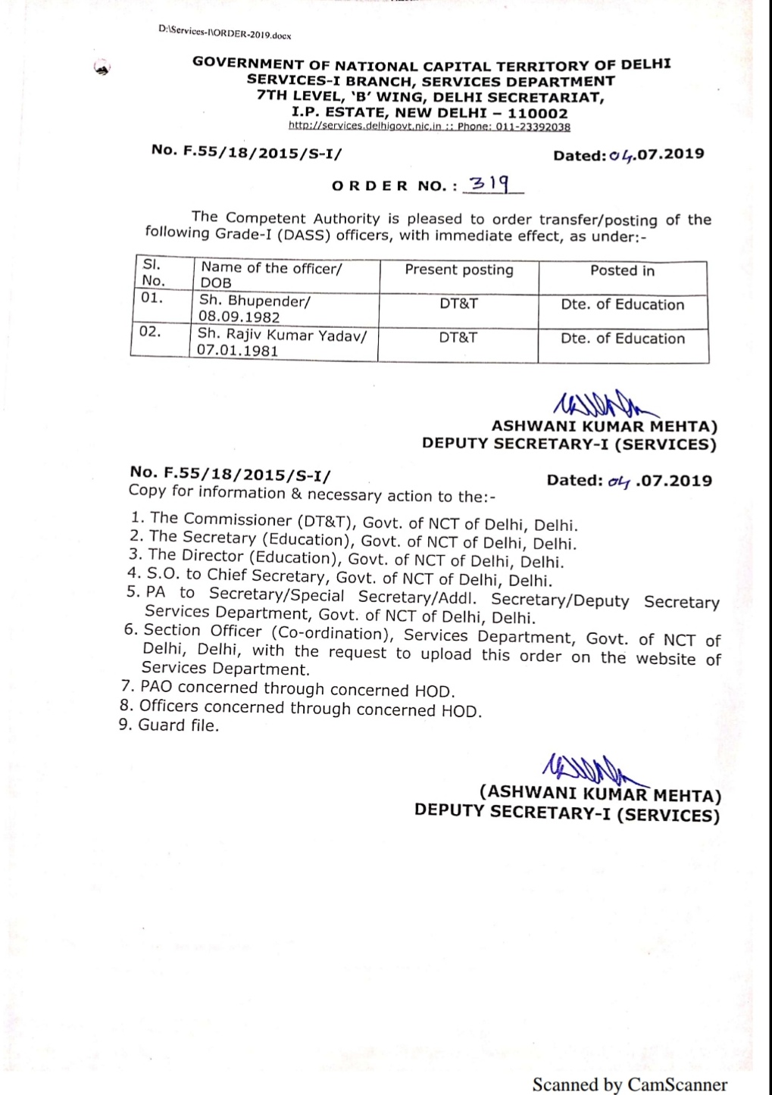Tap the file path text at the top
(x=225, y=33)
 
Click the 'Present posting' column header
(x=458, y=270)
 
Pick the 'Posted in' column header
(x=622, y=271)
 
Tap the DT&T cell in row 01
(x=458, y=304)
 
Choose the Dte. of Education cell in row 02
(x=622, y=338)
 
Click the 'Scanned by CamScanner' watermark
(x=630, y=1084)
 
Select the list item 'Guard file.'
(x=178, y=725)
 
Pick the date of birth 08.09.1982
(x=239, y=317)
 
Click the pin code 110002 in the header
(x=537, y=114)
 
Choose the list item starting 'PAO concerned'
(x=296, y=689)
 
